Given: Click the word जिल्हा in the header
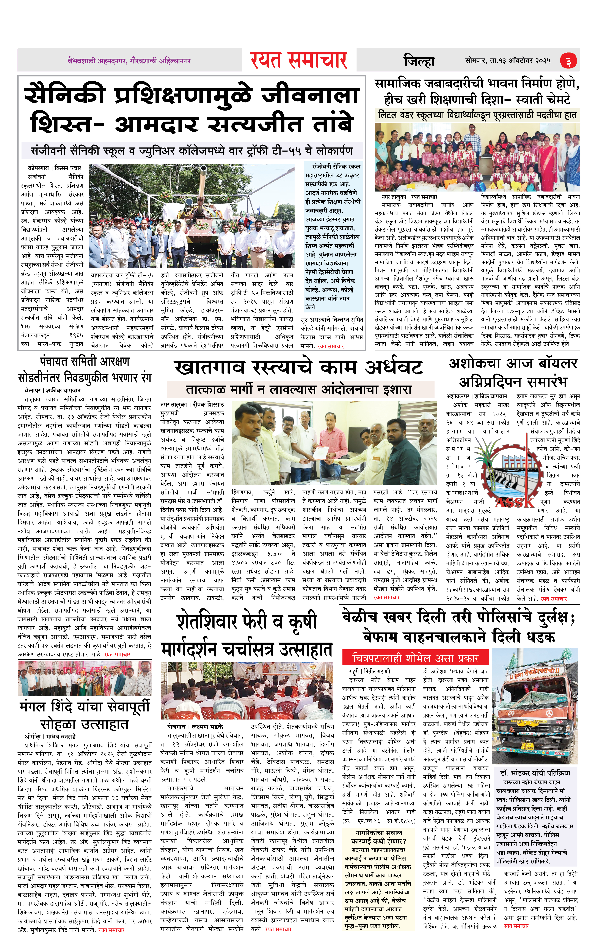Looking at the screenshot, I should [419, 61].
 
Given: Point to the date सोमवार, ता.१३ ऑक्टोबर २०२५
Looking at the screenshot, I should [508, 61].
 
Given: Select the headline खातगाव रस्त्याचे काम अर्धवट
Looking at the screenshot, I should [298, 367].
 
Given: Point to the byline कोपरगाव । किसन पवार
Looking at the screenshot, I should [54, 168].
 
